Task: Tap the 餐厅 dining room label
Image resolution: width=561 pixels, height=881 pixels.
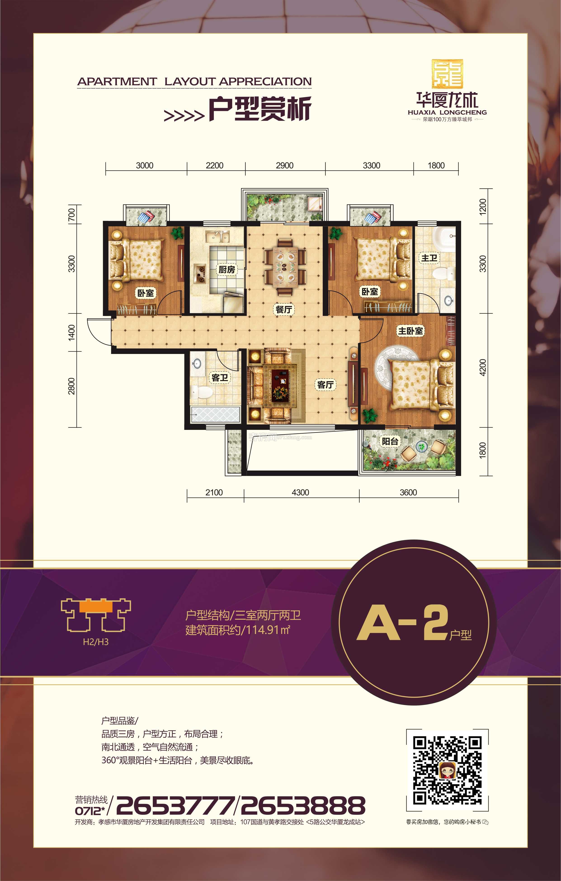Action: [284, 309]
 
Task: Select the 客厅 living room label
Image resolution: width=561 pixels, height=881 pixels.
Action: [325, 384]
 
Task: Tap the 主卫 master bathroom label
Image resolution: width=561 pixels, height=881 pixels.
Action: [429, 258]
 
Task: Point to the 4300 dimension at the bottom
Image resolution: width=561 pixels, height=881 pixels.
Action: [300, 492]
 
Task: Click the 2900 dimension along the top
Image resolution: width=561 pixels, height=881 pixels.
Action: [285, 165]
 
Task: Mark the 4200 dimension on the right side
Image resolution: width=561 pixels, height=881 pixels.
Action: [483, 367]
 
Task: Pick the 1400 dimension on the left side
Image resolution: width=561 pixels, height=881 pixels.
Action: [71, 332]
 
